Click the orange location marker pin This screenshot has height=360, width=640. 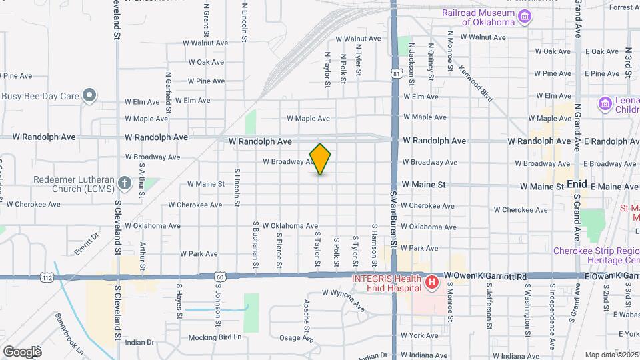321,159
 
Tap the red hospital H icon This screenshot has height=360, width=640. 432,283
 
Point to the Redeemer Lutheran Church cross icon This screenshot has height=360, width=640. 125,183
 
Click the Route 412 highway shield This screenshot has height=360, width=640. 45,276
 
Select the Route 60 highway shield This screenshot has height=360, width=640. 221,276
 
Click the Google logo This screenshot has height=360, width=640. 22,351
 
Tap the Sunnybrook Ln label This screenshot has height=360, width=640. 69,333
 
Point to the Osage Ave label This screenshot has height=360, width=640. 296,338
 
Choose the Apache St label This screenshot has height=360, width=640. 307,316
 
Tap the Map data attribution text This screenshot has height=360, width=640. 611,355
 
